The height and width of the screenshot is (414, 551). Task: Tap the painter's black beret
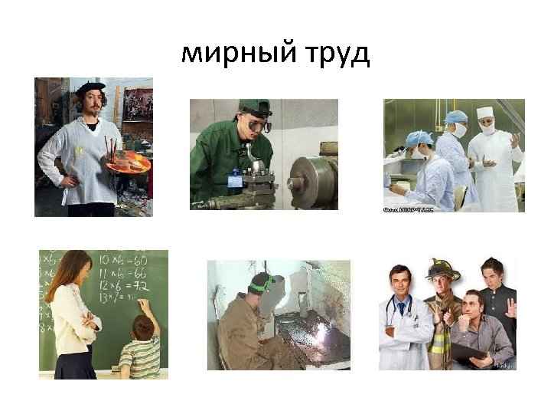pos(90,88)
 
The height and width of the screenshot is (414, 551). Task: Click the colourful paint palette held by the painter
pos(128,163)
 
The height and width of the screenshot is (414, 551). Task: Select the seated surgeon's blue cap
pos(419,139)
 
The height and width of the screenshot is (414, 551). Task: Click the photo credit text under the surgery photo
pos(408,209)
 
